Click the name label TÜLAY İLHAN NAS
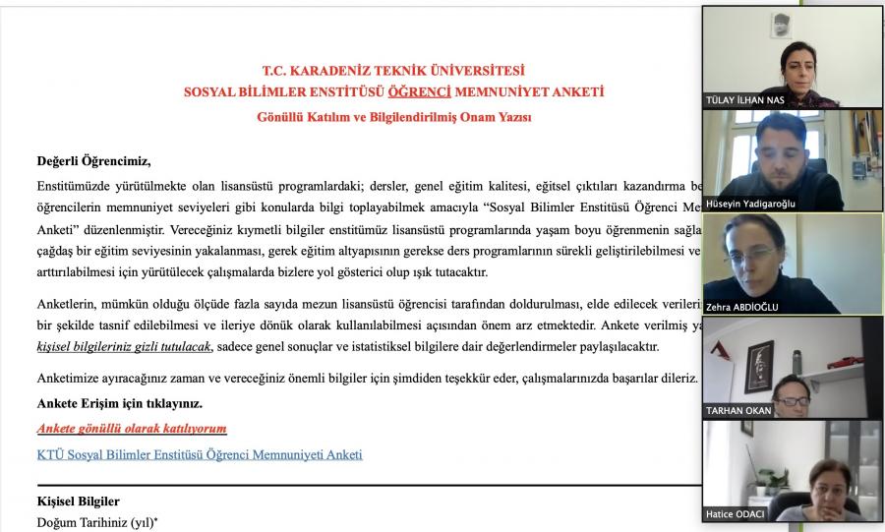744,100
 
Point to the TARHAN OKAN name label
738,409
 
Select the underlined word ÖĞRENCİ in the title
420,92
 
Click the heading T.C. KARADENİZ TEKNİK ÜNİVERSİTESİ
393,71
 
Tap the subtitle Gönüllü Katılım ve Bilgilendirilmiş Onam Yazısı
393,116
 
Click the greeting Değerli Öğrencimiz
94,161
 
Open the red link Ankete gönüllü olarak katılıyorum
132,429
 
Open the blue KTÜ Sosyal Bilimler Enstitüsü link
200,454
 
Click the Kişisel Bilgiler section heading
78,502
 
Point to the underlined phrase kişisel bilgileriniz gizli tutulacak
124,346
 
